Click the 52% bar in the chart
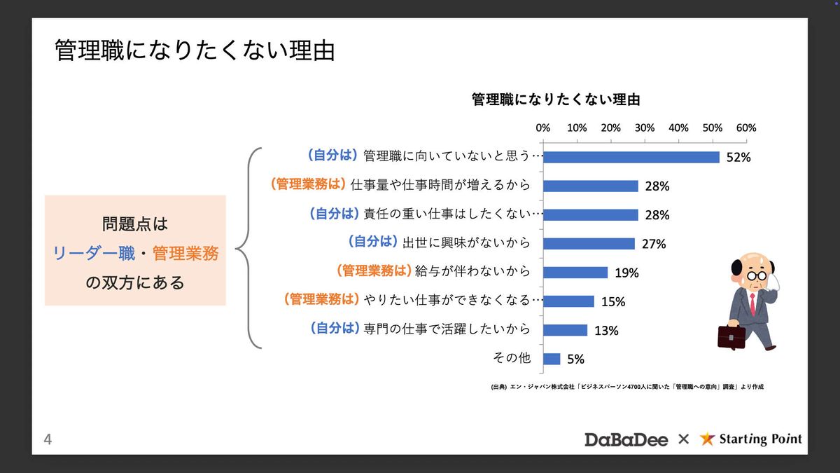[x=631, y=157]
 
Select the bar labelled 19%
[x=575, y=273]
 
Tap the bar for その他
[x=552, y=359]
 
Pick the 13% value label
[x=606, y=331]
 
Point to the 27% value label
[x=654, y=244]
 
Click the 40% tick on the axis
[x=678, y=128]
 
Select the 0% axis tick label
[x=542, y=128]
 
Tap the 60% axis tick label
[x=746, y=128]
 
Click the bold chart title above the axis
[x=556, y=100]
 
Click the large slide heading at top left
[x=195, y=51]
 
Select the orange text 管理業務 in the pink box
[x=185, y=253]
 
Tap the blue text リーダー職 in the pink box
[x=94, y=253]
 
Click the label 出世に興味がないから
[x=465, y=242]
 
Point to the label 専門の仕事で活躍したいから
[x=447, y=329]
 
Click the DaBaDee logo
[x=626, y=439]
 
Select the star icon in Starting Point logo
[x=708, y=439]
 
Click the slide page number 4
[x=48, y=440]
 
